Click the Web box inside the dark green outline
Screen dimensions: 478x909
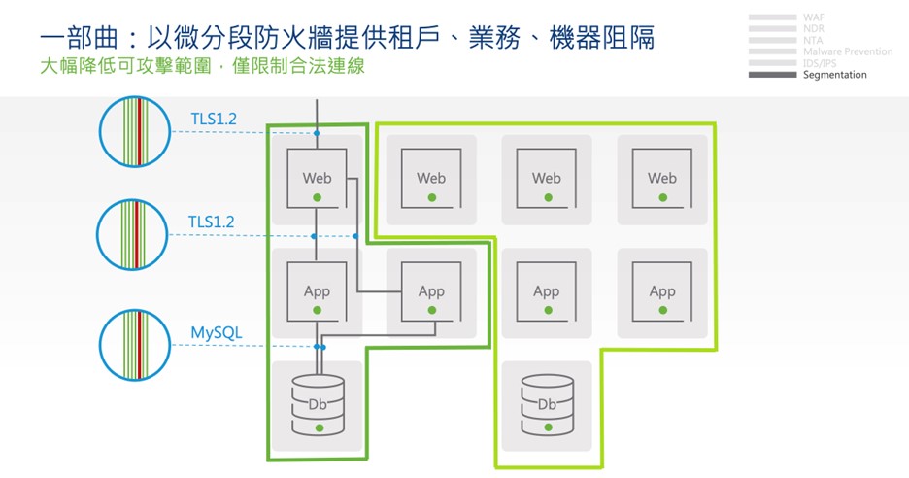(x=317, y=178)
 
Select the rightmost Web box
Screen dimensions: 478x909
(x=662, y=178)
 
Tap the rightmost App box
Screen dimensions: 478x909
(x=662, y=290)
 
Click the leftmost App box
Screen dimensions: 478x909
(x=317, y=290)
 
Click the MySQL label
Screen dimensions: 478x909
(x=217, y=333)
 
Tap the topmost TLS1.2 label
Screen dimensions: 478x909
(x=214, y=119)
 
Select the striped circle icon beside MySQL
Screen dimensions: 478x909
(x=135, y=344)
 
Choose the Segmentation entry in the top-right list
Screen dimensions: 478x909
(x=835, y=75)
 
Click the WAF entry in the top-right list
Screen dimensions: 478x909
(x=814, y=17)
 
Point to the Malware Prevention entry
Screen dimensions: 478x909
(x=848, y=51)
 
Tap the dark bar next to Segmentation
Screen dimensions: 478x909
(x=773, y=75)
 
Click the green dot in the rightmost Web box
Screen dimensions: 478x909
(x=662, y=197)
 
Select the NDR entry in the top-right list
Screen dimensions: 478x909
(x=814, y=29)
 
